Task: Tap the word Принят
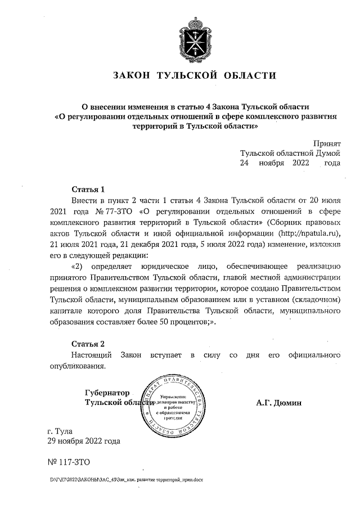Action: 327,143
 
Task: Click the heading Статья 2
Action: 88,344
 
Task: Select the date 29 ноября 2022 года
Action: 84,442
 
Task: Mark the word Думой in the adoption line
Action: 328,153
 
